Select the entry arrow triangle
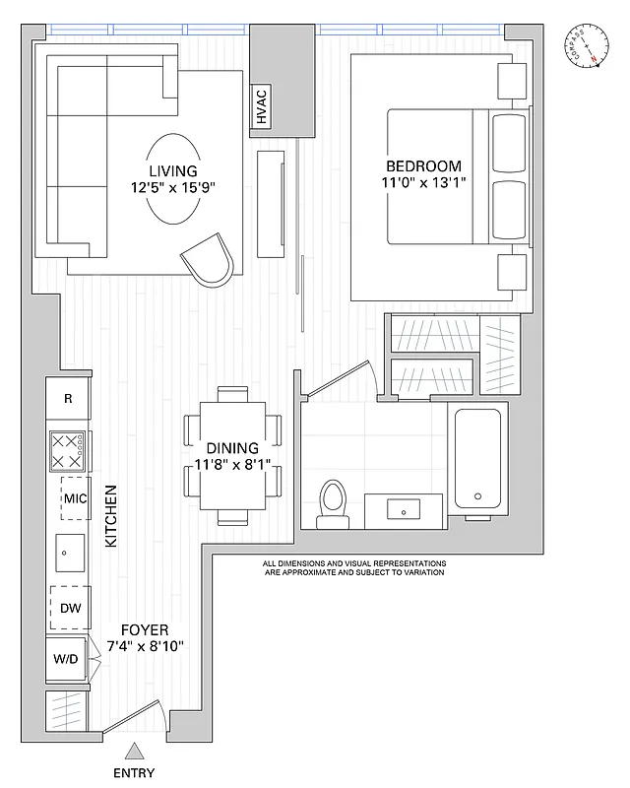tap(135, 751)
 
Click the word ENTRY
tap(134, 773)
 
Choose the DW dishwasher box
tap(69, 608)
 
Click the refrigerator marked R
tap(68, 399)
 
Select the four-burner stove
tap(68, 452)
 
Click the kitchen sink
tap(68, 553)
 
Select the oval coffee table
tap(173, 178)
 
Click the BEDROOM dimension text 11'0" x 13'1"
tap(423, 182)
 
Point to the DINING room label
tap(232, 447)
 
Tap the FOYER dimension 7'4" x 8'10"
tap(145, 647)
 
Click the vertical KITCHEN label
tap(111, 516)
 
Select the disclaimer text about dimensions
tap(353, 567)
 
